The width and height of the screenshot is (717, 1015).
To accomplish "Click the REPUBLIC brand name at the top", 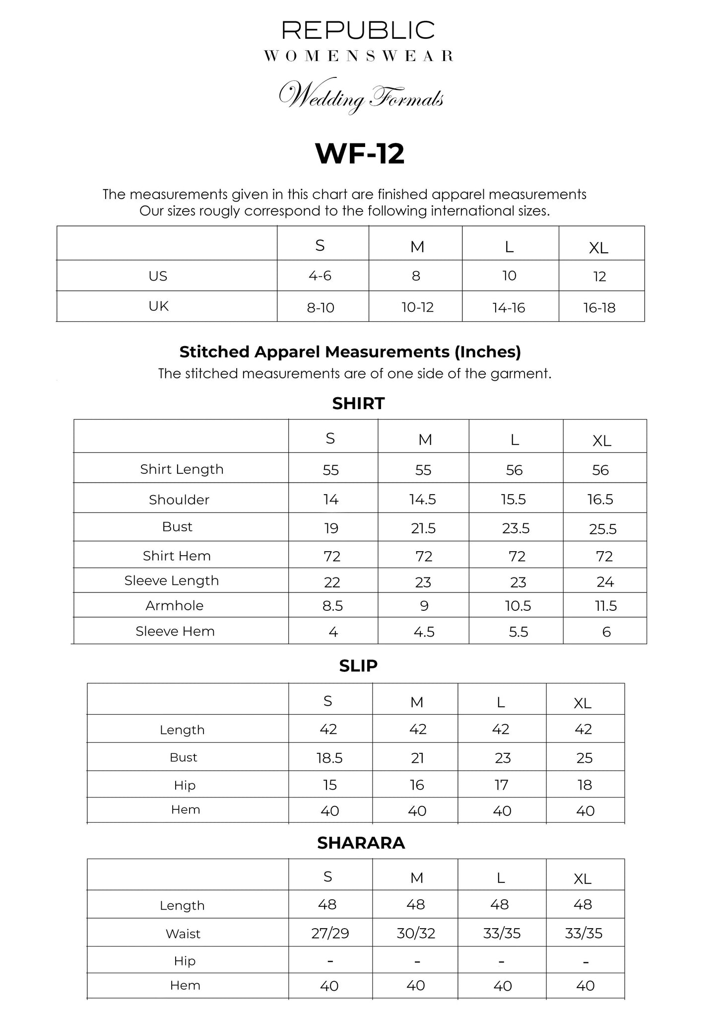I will [358, 30].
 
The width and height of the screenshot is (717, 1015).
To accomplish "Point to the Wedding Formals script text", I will [361, 96].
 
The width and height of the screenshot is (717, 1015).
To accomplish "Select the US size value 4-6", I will [320, 276].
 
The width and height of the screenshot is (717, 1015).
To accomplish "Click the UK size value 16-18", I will [599, 308].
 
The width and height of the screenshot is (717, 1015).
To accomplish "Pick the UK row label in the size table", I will [159, 306].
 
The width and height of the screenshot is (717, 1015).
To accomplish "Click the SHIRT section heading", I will [358, 403].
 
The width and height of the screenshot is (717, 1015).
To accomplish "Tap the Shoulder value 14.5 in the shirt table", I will [423, 500].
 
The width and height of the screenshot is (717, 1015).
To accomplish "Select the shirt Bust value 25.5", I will [603, 529].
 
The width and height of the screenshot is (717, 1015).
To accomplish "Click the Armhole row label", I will [175, 605].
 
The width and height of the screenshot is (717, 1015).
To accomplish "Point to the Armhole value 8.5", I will [332, 606].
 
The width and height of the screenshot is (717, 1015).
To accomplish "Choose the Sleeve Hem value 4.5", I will [424, 632].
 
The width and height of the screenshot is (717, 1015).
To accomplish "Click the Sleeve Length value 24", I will [605, 581].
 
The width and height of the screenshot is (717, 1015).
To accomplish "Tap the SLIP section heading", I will [358, 666].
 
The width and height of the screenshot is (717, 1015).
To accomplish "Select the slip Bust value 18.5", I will [329, 758].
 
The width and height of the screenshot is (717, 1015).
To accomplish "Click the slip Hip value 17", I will [501, 785].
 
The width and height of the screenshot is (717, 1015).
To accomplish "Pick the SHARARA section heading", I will [361, 843].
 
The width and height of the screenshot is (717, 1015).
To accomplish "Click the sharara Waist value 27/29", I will [330, 934].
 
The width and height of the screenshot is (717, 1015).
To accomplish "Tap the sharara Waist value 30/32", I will [416, 934].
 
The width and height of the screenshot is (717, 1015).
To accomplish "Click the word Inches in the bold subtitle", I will [486, 352].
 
